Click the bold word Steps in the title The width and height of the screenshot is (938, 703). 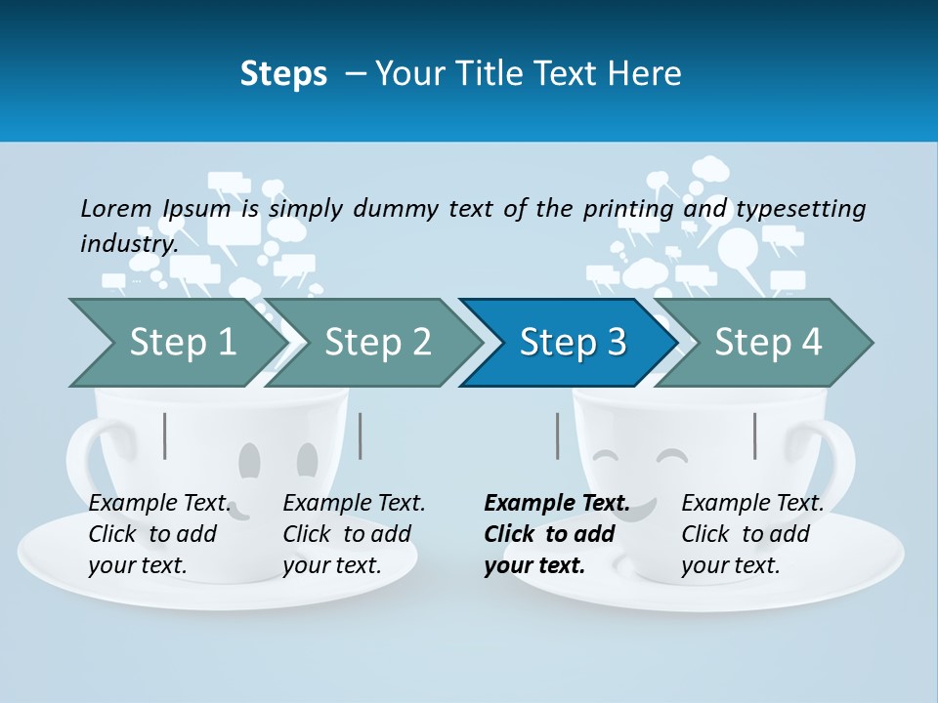point(283,74)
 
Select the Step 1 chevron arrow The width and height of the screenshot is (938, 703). point(176,343)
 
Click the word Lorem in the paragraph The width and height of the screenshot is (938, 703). point(116,209)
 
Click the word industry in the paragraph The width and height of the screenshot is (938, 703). point(128,244)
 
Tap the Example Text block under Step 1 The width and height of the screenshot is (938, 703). point(159,533)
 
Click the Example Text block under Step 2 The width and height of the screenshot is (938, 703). point(354,533)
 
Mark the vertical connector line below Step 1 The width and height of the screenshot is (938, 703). point(165,435)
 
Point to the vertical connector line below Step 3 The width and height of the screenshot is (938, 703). point(558,435)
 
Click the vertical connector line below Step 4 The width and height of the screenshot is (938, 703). point(754,435)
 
